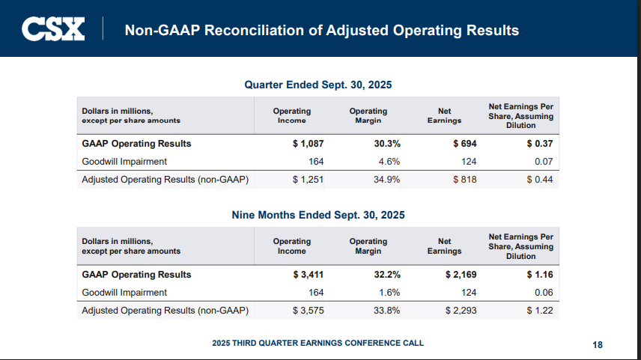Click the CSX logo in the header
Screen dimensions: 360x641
click(53, 29)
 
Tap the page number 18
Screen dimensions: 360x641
click(598, 344)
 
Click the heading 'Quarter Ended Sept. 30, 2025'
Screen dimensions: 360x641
click(318, 85)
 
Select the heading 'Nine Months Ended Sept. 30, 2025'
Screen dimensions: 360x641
click(318, 215)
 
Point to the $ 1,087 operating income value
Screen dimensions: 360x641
click(307, 143)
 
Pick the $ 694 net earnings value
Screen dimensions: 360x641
click(464, 143)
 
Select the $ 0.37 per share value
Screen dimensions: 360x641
click(539, 143)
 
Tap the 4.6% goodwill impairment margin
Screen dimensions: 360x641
click(389, 161)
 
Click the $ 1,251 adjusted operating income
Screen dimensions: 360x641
click(307, 180)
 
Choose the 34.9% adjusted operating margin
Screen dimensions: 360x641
click(387, 180)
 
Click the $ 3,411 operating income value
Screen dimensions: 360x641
click(307, 275)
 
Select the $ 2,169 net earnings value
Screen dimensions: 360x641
click(461, 275)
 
